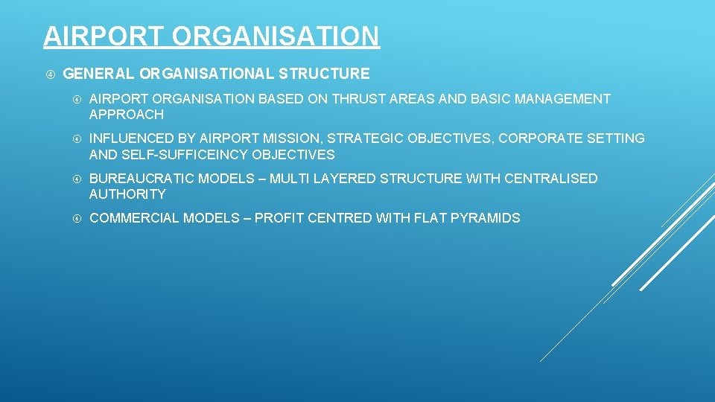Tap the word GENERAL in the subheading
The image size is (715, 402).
(x=98, y=74)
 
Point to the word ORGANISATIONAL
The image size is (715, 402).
(x=206, y=74)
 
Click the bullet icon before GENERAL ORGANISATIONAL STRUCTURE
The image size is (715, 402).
(x=48, y=74)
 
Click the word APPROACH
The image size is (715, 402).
(x=126, y=115)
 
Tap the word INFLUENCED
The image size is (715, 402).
(x=131, y=138)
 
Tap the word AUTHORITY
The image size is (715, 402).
(x=127, y=194)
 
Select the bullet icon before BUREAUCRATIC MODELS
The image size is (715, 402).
(x=75, y=179)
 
